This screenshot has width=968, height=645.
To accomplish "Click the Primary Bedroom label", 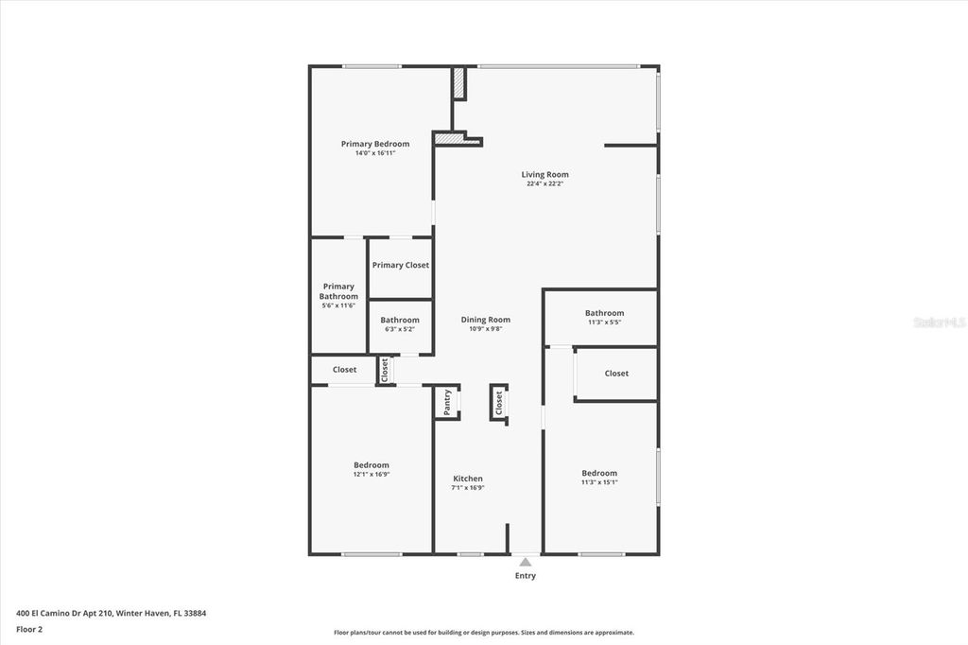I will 375,144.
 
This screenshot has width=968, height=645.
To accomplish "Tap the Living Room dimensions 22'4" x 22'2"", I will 545,184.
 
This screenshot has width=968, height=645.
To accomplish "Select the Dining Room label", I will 486,320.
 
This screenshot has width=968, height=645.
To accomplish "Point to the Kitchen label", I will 468,479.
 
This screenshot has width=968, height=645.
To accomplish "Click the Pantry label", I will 447,401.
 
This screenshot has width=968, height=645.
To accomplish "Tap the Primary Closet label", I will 401,265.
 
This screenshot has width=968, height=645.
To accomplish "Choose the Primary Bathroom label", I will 338,291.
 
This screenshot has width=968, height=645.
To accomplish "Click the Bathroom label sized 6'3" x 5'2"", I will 400,320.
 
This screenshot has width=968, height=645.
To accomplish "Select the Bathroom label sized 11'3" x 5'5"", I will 604,313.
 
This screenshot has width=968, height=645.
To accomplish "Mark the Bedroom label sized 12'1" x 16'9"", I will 372,465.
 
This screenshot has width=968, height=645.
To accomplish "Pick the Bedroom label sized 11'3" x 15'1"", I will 599,473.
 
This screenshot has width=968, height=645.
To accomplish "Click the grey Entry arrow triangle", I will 525,562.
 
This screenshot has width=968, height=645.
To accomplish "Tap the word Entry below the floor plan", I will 525,576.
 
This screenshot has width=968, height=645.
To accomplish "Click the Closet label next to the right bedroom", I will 616,374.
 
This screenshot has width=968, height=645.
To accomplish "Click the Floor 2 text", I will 29,628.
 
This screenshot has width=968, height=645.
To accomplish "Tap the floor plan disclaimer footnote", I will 483,633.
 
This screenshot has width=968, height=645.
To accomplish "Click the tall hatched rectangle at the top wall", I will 458,83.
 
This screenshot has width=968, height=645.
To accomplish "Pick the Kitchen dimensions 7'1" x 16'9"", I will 468,488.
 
